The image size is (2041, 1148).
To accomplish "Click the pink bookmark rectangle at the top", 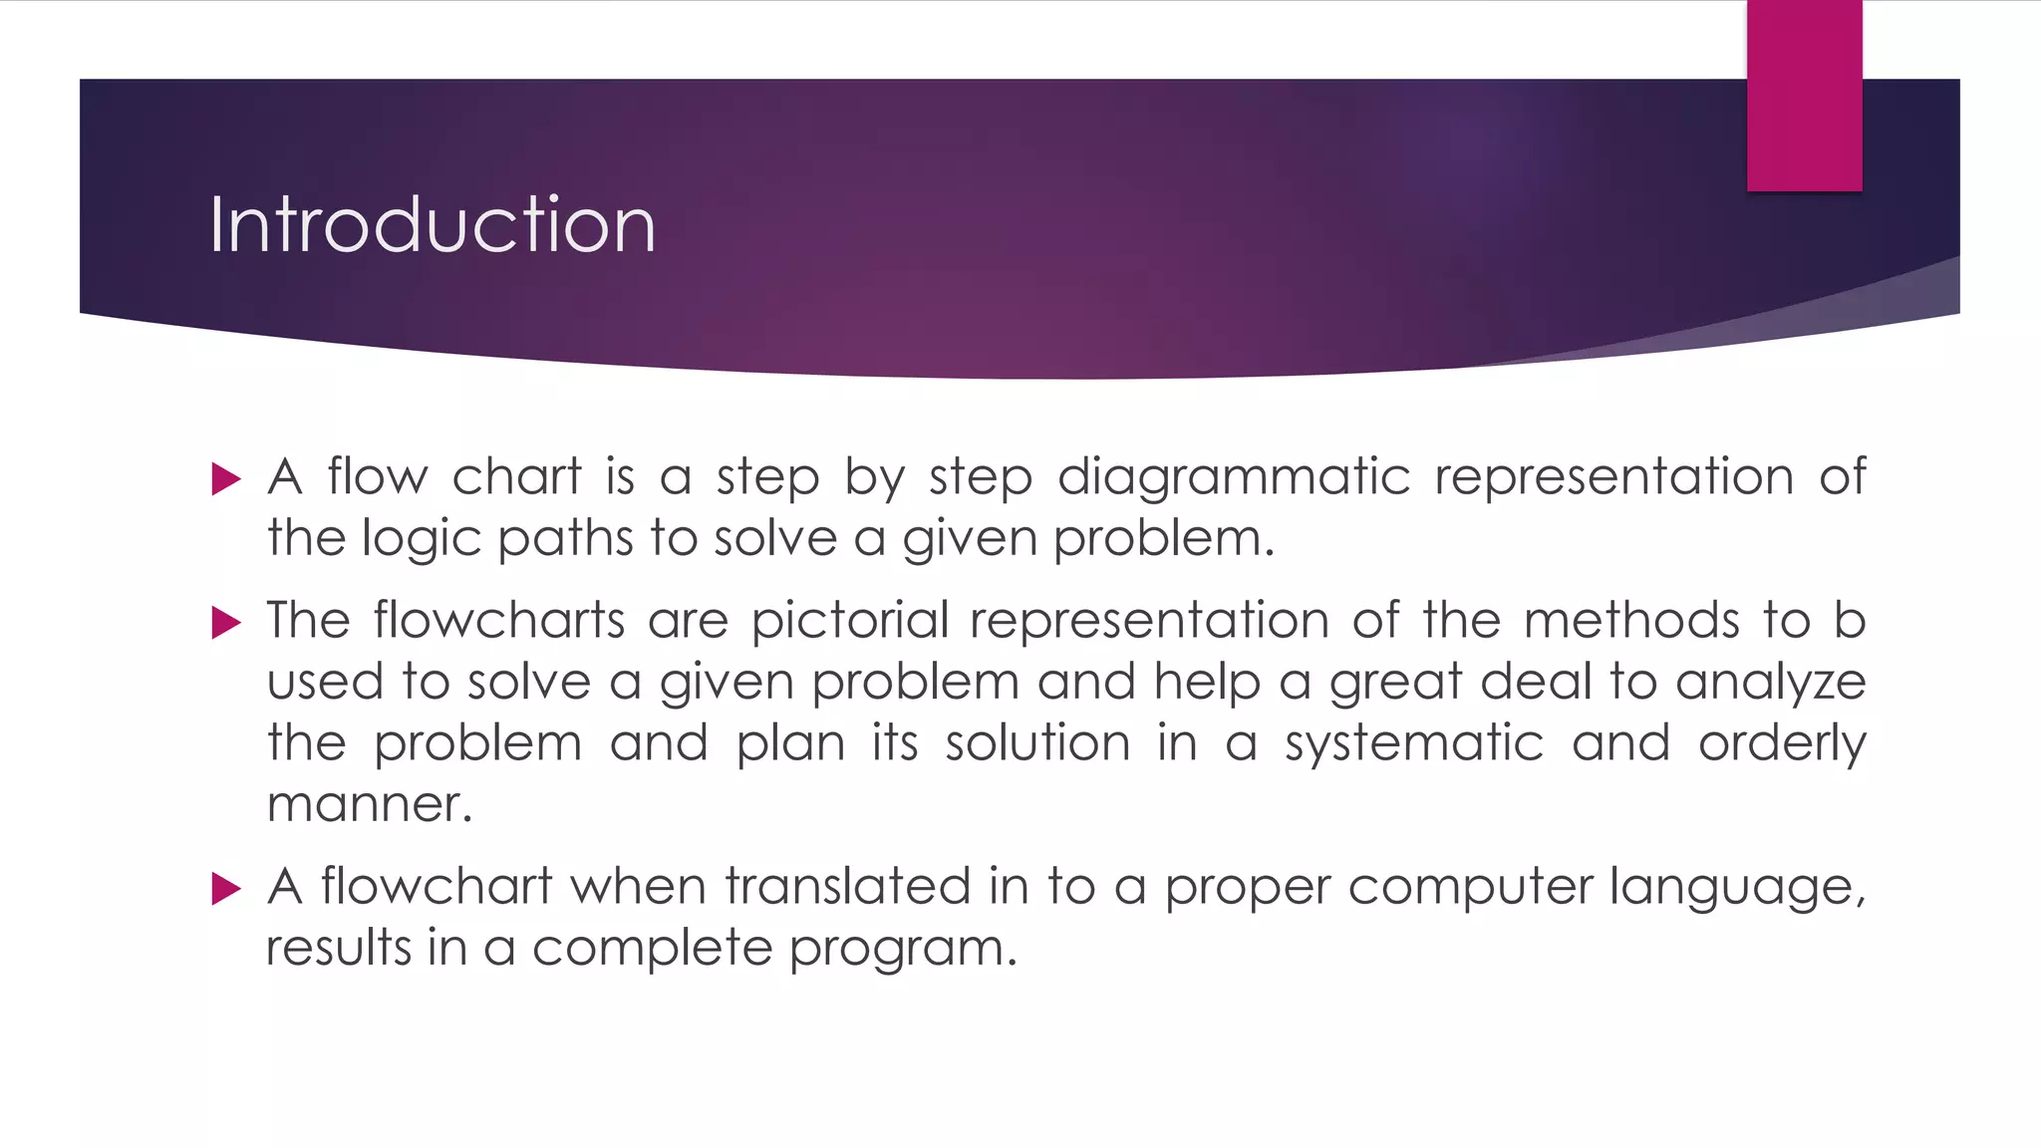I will [1804, 96].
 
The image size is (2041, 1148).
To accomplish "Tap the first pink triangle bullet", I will [226, 479].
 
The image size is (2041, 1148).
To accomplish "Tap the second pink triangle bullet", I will [226, 623].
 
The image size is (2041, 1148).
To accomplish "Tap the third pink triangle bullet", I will [226, 888].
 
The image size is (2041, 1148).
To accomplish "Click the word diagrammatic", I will [1234, 476].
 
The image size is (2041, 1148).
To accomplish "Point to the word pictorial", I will [849, 620].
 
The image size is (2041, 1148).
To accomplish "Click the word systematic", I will [1413, 744].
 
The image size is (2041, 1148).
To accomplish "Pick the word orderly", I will [1782, 744].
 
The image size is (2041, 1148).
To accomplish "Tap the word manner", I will [368, 804].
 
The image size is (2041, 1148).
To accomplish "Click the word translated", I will [847, 886].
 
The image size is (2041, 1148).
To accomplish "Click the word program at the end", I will [902, 949].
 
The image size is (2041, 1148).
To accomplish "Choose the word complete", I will [652, 949].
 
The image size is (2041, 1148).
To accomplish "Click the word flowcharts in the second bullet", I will [498, 620].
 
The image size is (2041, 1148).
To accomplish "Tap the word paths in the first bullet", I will [564, 539].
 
